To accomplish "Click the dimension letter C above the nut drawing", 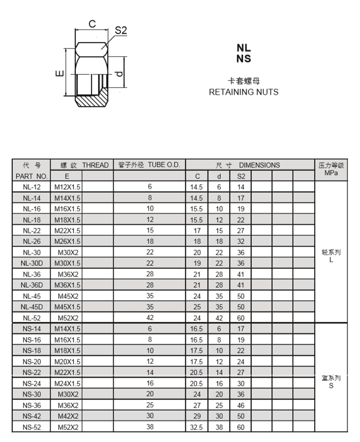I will (x=92, y=24).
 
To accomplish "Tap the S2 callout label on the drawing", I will (x=121, y=31).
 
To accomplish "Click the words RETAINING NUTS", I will (x=243, y=92).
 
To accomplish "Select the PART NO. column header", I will (x=31, y=176).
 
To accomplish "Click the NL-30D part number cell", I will (x=31, y=263).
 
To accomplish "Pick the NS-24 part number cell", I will (x=31, y=384).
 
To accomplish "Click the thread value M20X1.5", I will (x=67, y=362).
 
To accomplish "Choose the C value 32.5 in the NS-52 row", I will (x=197, y=428).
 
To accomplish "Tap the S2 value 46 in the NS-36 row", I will (x=241, y=406).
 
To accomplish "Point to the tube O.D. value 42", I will (x=150, y=317).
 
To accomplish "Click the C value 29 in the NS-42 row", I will (x=197, y=416).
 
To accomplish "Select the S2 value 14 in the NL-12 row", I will (x=241, y=187).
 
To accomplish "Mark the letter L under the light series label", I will (x=331, y=259).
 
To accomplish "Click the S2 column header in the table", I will (x=241, y=176).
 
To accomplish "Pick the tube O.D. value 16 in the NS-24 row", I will (x=150, y=383).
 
